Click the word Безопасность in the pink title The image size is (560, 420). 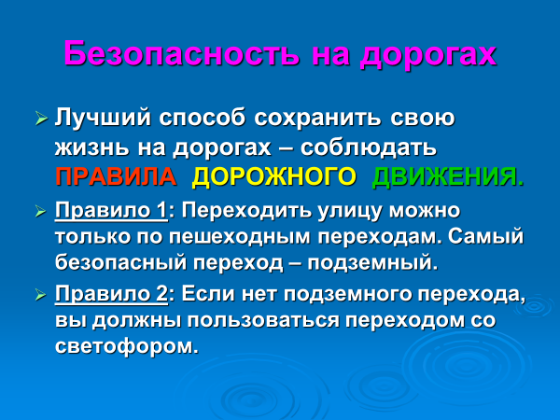tap(181, 53)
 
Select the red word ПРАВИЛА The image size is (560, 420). tap(116, 176)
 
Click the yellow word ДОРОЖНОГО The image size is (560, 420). tap(273, 176)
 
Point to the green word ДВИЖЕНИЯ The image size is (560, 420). tap(448, 176)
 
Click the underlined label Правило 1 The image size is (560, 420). tap(111, 211)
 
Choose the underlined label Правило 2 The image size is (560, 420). tap(111, 295)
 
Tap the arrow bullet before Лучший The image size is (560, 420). tap(41, 119)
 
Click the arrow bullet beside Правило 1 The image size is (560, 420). tap(41, 212)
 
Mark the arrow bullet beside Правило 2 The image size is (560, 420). tap(41, 295)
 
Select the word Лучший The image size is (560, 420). tap(103, 118)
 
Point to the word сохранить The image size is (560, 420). tap(318, 118)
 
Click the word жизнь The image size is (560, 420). tap(91, 147)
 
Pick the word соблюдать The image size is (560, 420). tap(369, 147)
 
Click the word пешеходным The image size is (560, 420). tap(240, 237)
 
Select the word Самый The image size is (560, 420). tap(485, 236)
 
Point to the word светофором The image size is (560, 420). tap(127, 345)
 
